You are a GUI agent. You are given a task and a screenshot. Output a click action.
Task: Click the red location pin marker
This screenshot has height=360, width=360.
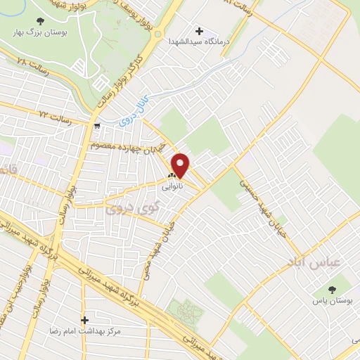(x=181, y=165)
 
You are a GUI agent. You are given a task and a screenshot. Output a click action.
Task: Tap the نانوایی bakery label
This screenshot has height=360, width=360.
(x=172, y=188)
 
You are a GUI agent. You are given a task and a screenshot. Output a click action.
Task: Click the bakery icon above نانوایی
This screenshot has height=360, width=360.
(x=172, y=176)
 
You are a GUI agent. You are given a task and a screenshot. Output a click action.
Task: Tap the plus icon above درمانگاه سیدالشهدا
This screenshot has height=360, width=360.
(x=199, y=31)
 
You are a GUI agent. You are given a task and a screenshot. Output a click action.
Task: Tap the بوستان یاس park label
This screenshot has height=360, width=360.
(x=333, y=300)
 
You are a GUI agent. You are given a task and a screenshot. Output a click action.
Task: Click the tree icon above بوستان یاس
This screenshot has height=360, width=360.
(x=333, y=288)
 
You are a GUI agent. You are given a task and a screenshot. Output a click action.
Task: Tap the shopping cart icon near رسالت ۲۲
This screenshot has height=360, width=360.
(x=96, y=127)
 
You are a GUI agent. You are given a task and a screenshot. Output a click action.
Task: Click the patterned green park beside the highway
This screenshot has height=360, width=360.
(x=185, y=311)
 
